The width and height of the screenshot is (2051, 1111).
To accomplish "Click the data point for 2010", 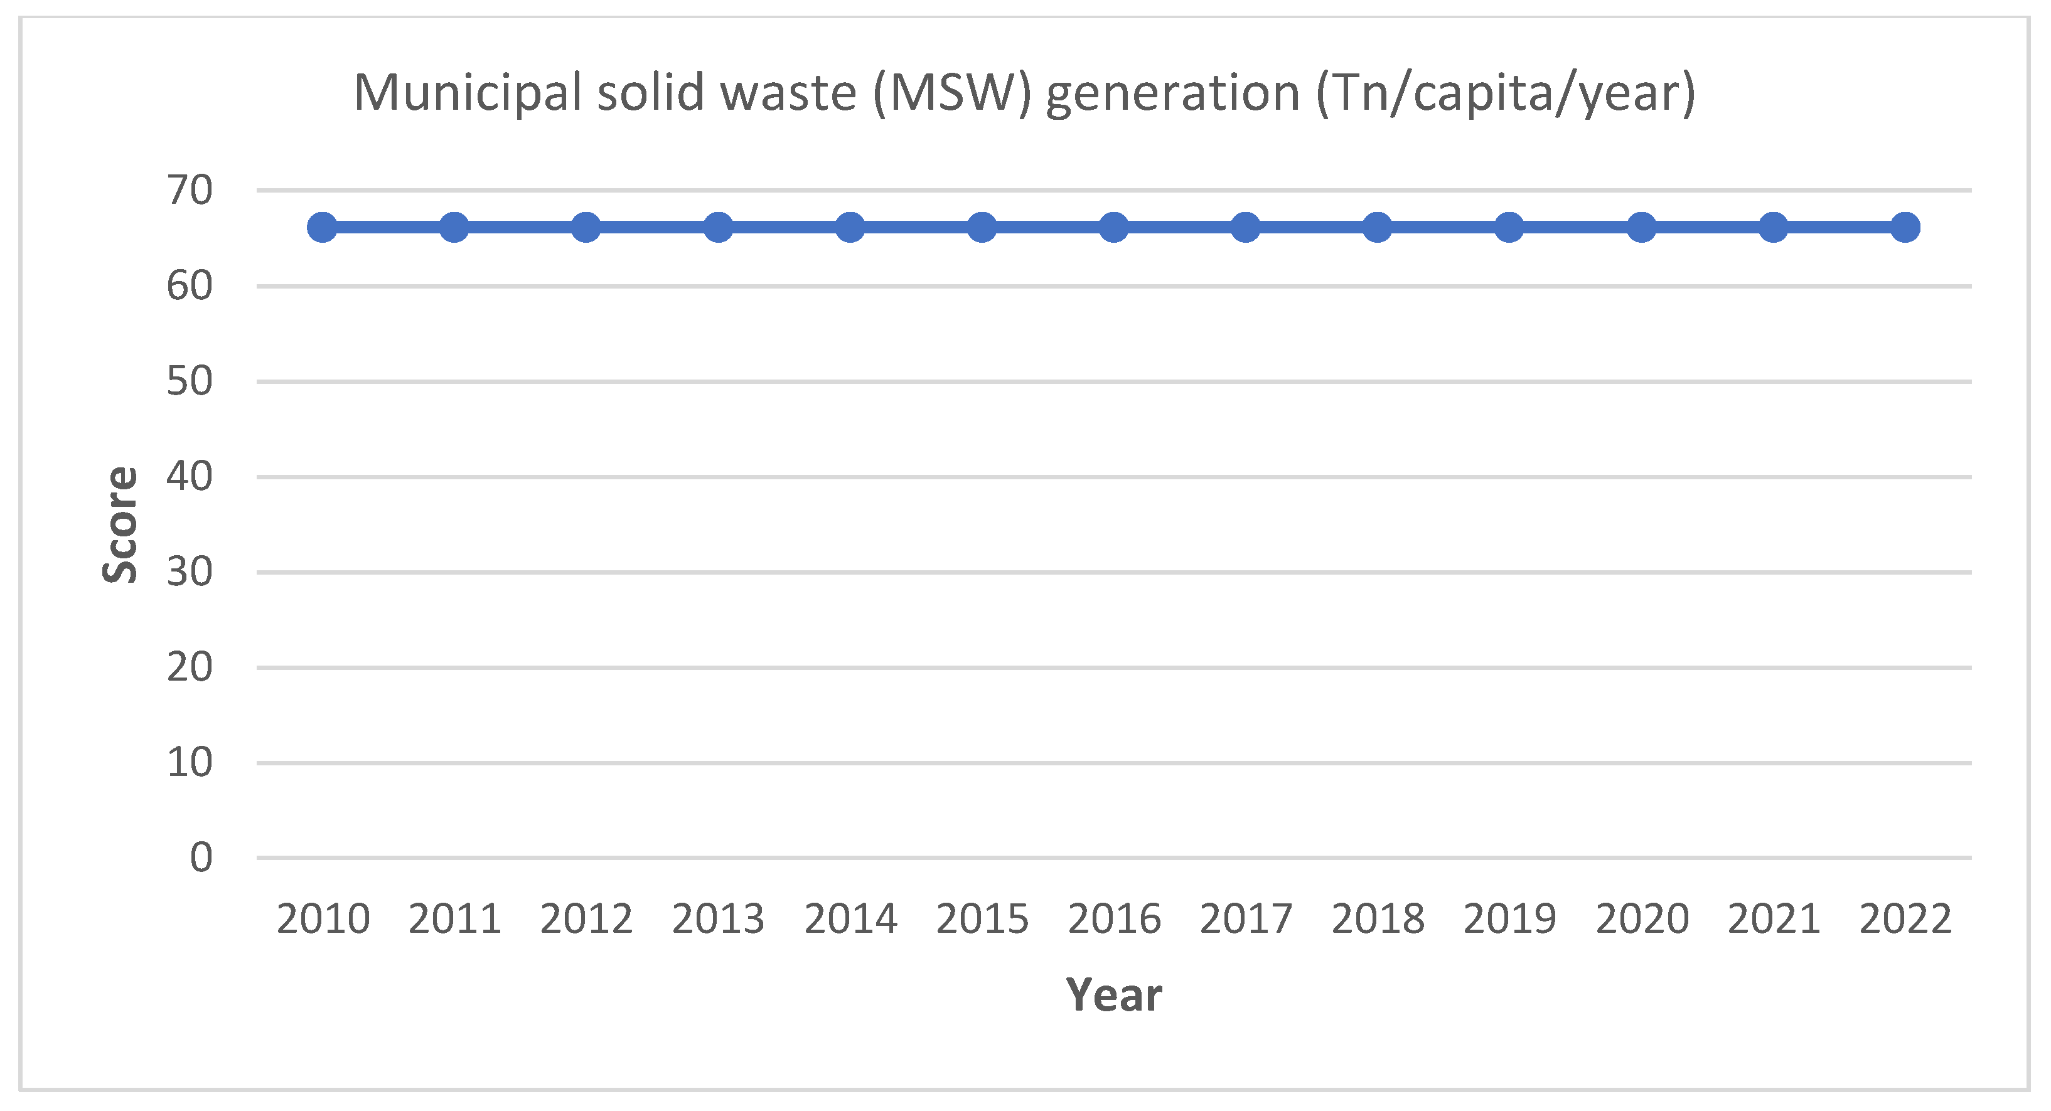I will [323, 228].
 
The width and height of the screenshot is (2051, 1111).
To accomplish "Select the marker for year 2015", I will [982, 228].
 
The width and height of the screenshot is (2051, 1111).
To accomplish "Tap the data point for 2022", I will [1905, 228].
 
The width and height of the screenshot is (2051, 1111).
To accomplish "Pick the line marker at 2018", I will [1378, 228].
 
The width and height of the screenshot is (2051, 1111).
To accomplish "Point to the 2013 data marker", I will [718, 228].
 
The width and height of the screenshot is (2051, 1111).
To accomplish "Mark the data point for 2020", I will [1642, 228].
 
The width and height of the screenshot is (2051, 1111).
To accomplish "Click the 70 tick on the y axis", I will [190, 191].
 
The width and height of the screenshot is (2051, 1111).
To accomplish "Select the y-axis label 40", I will [190, 477].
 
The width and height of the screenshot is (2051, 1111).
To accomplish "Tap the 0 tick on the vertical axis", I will [201, 858].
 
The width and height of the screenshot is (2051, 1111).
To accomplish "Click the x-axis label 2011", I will [454, 919].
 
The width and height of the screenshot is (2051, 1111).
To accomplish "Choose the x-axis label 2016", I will [1114, 919].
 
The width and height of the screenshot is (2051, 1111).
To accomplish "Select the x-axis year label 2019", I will [1509, 919].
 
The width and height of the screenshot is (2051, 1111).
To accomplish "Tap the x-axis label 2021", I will [1774, 919].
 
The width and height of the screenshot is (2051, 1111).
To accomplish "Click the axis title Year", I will [1114, 995].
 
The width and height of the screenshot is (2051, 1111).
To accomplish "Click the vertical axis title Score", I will [121, 524].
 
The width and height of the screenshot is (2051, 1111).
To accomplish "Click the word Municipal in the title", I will [468, 93].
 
